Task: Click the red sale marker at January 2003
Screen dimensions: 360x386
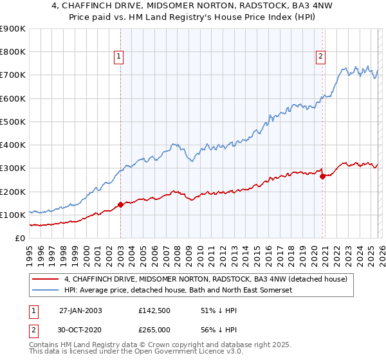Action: coord(120,204)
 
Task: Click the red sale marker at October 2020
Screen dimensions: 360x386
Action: coord(322,176)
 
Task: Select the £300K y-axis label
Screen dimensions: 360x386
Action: coord(13,168)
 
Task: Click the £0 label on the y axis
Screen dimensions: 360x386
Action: coord(19,239)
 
